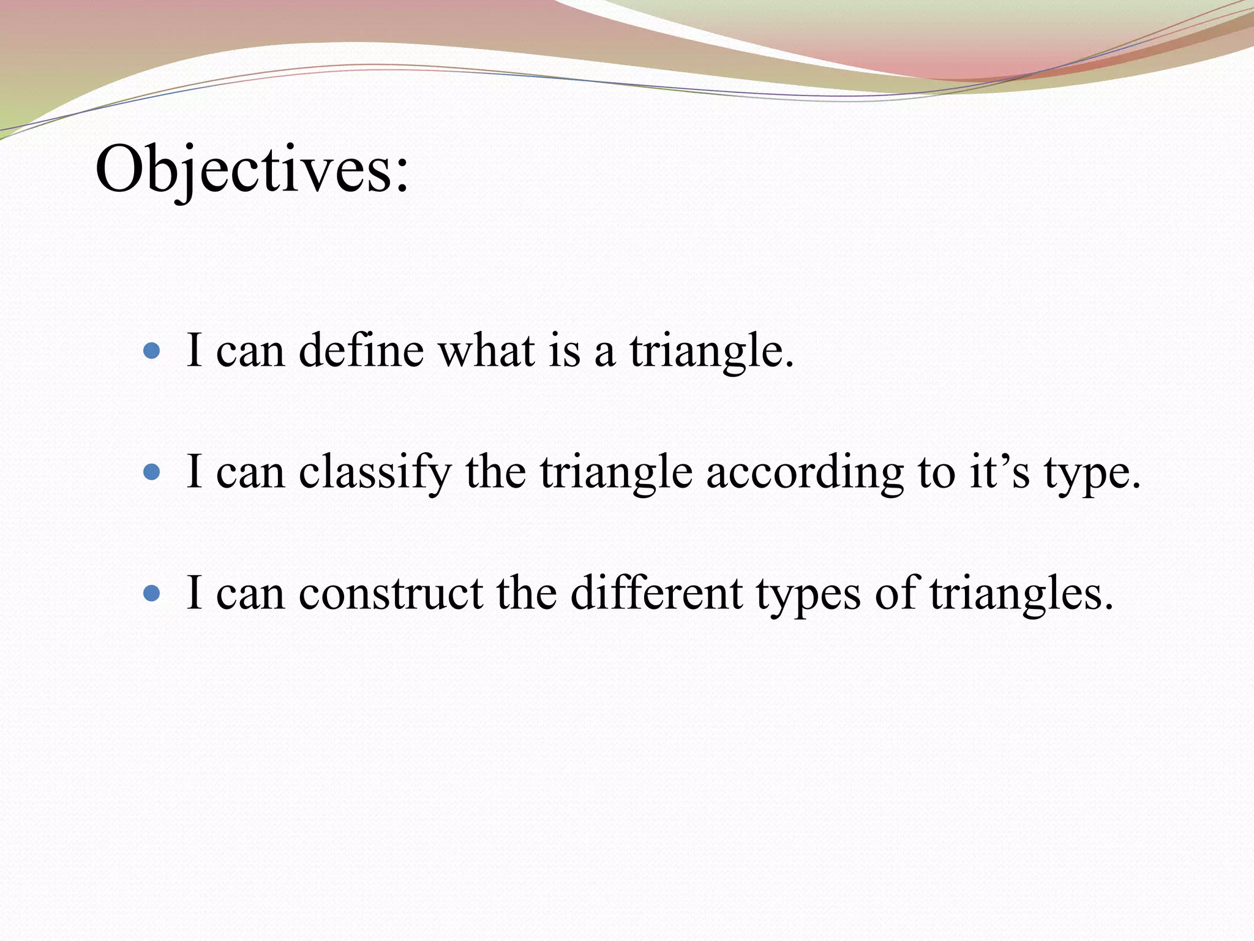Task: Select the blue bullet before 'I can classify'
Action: pyautogui.click(x=151, y=472)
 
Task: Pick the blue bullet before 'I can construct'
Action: pyautogui.click(x=151, y=593)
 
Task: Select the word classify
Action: pyautogui.click(x=375, y=473)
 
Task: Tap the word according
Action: pyautogui.click(x=805, y=473)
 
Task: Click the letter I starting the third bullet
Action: pyautogui.click(x=194, y=593)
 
